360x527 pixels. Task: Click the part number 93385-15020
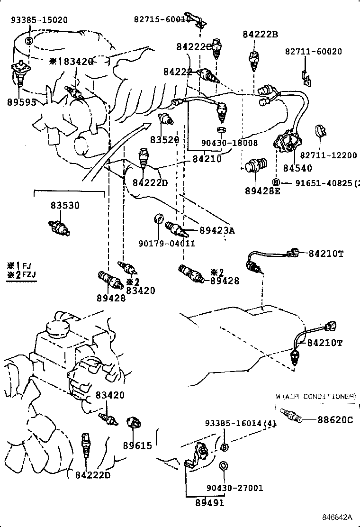tap(39, 19)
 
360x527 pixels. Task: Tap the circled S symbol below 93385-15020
tap(28, 41)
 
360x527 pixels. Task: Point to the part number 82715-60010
tap(162, 19)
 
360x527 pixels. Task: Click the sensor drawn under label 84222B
tap(254, 60)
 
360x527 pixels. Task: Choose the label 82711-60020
tap(313, 52)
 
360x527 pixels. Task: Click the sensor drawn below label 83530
tap(59, 227)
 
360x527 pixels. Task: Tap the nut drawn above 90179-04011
tap(159, 219)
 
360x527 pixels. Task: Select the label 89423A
tap(217, 231)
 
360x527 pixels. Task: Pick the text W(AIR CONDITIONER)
tap(316, 396)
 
